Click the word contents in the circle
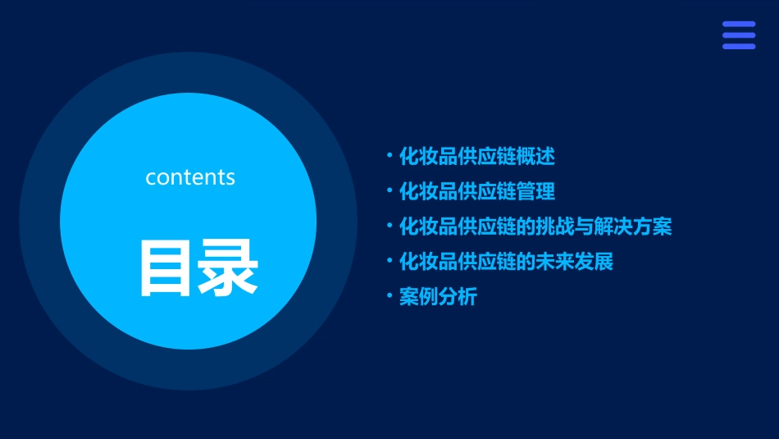coord(190,176)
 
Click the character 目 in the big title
coord(166,268)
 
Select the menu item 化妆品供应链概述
coord(476,156)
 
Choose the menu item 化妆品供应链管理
coord(476,191)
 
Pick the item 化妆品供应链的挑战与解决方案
coord(535,226)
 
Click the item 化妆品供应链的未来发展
coord(506,262)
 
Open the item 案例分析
coord(438,297)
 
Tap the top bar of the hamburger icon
coord(738,25)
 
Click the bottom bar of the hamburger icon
coord(738,46)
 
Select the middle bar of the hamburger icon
coord(738,35)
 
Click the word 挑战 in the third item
coord(555,226)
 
